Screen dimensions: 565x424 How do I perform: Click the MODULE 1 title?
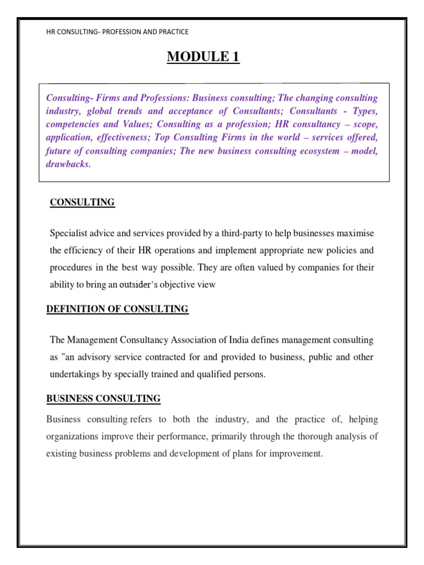click(x=204, y=56)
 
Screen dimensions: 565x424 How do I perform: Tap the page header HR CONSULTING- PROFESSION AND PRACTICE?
click(x=118, y=32)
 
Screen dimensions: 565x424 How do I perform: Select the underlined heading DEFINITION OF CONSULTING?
click(x=117, y=309)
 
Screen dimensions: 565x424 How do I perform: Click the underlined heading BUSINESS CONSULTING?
click(x=103, y=398)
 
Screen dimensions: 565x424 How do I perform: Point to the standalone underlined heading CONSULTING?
click(x=82, y=202)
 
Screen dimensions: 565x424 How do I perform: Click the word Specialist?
click(x=69, y=233)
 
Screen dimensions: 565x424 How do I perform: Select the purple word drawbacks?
click(x=67, y=164)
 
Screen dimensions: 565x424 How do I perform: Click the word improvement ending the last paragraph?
click(x=296, y=454)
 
